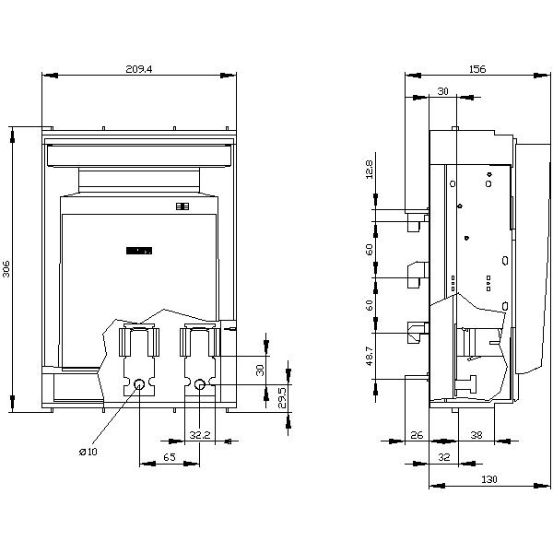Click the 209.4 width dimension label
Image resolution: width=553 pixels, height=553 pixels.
pos(138,68)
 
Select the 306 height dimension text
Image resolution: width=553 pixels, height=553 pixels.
pos(7,268)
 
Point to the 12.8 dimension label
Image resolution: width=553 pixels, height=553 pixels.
pos(370,170)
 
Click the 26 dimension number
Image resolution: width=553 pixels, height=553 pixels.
pos(416,434)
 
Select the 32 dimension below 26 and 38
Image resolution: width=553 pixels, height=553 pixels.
pos(443,456)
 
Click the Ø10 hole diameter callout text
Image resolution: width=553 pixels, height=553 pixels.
pos(88,452)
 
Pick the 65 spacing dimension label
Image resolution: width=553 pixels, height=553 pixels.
pos(169,456)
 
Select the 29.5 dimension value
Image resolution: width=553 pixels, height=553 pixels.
pos(283,396)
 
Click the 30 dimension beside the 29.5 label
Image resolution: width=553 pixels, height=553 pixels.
pos(261,369)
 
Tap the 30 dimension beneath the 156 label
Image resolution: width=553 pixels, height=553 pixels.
pos(442,91)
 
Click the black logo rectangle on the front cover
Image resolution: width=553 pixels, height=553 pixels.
pos(139,249)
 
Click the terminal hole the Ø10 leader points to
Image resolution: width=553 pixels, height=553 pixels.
pos(139,384)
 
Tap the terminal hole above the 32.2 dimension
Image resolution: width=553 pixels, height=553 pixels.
pos(199,384)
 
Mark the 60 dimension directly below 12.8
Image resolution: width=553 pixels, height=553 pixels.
pos(370,249)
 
